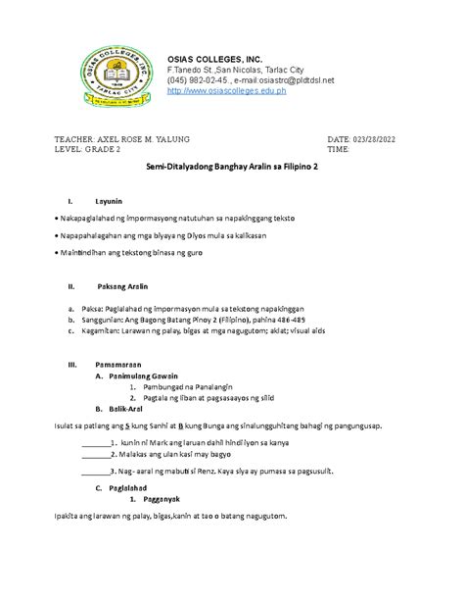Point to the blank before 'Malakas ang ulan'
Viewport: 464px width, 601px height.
point(96,455)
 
